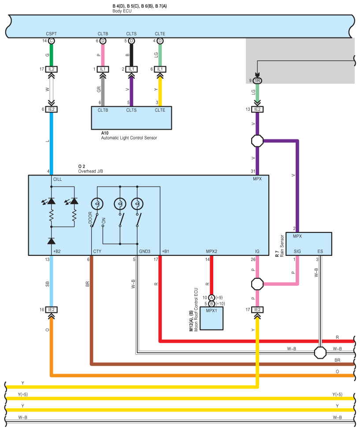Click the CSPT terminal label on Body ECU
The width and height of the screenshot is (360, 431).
click(51, 34)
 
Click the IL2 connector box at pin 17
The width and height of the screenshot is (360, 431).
click(51, 69)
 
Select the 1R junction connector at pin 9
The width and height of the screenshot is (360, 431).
click(257, 81)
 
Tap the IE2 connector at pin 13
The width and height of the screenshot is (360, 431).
click(257, 109)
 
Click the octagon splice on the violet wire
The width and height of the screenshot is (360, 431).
click(257, 141)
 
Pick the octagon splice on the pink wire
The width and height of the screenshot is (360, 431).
click(257, 284)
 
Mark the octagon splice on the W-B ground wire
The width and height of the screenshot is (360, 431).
click(320, 352)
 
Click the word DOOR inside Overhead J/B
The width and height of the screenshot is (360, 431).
click(90, 217)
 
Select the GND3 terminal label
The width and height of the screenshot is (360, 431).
click(145, 251)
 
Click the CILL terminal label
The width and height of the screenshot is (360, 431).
click(57, 179)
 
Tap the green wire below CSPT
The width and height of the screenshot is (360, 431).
click(51, 55)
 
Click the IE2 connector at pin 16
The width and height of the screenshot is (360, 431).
click(51, 310)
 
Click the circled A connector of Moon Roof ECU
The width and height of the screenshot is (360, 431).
click(212, 297)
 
